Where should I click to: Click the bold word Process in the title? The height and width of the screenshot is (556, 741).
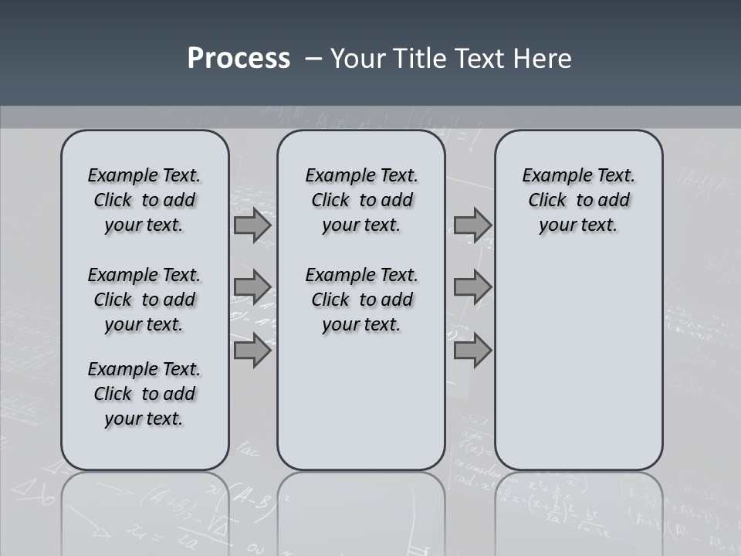click(239, 59)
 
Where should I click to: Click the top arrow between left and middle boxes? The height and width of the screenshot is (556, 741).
click(252, 225)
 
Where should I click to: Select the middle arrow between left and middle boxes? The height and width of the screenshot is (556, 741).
click(252, 287)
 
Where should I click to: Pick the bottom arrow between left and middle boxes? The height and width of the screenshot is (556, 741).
click(252, 351)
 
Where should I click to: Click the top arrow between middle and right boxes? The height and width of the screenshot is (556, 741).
click(472, 225)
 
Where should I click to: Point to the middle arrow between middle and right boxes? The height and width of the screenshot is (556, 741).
click(472, 287)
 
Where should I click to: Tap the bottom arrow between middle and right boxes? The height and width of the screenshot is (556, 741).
click(472, 351)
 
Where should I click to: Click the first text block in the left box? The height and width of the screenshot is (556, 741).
click(144, 200)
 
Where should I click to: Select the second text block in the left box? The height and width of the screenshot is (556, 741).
click(144, 300)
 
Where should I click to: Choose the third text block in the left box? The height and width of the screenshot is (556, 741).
click(144, 394)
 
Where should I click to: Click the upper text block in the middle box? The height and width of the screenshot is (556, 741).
click(361, 200)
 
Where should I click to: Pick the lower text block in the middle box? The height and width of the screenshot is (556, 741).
click(361, 300)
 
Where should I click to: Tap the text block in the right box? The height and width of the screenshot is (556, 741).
click(578, 200)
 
